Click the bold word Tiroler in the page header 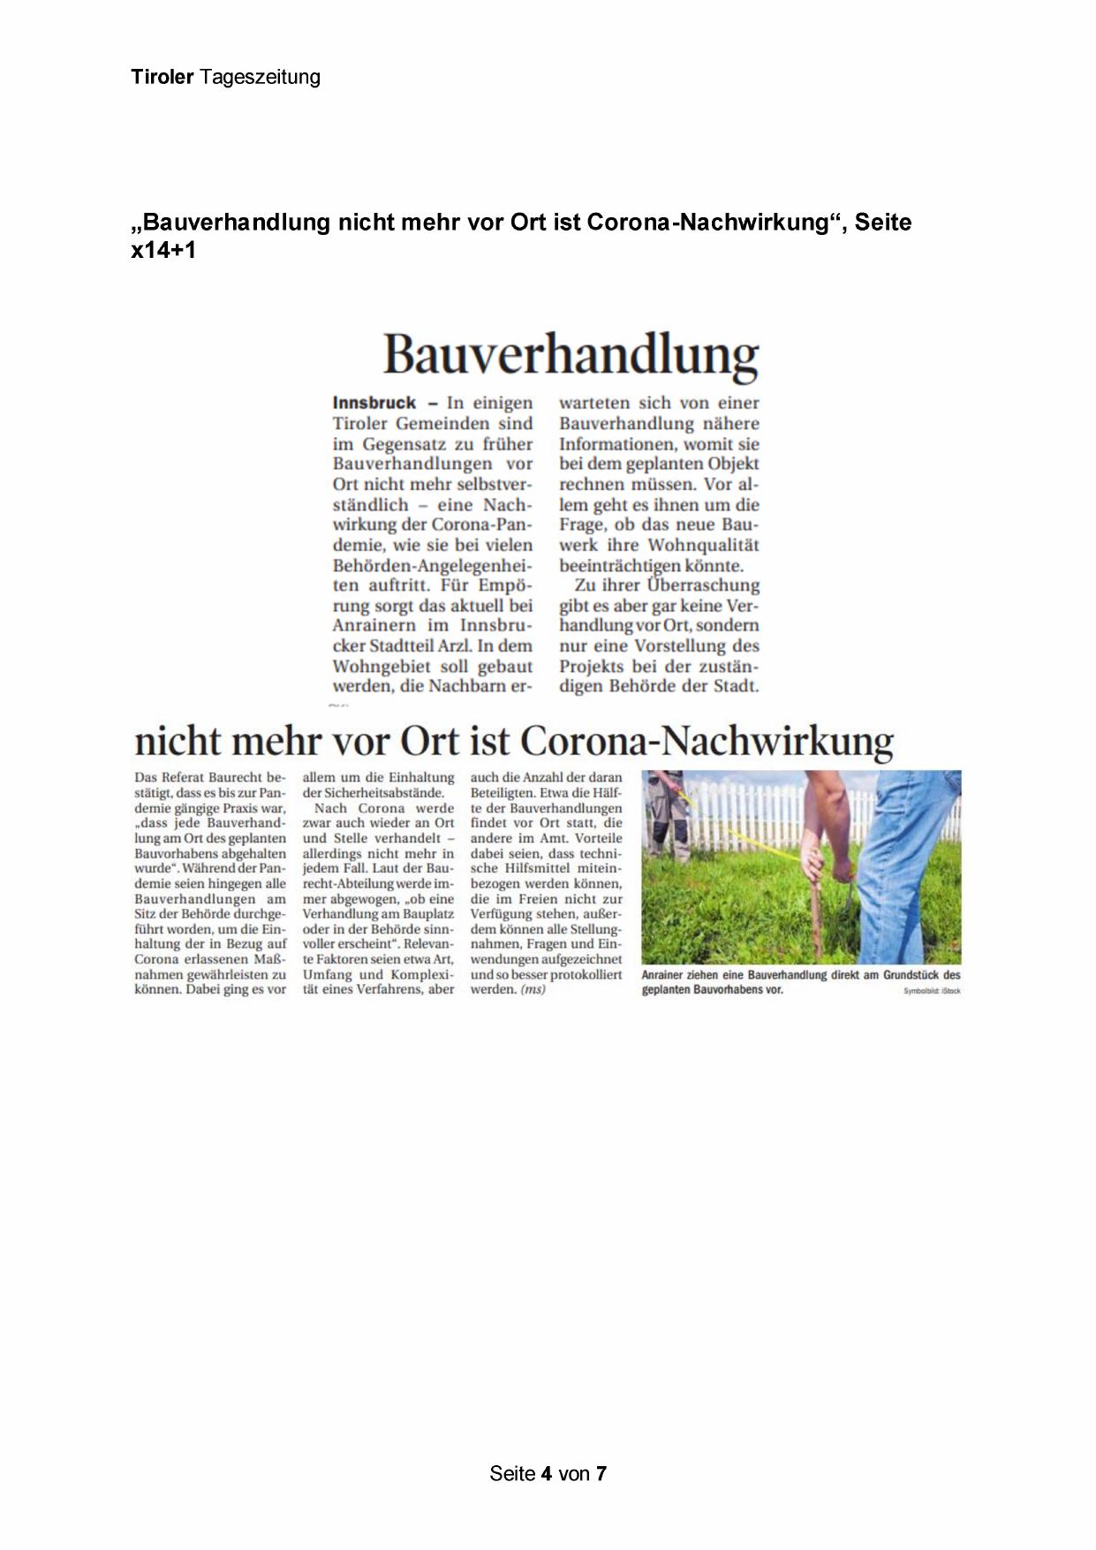[x=162, y=77]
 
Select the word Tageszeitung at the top [x=260, y=78]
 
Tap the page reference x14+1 [x=163, y=250]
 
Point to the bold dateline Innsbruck [x=374, y=403]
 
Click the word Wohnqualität [x=703, y=545]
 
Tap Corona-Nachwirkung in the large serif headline [x=707, y=741]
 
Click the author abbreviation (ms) [x=533, y=989]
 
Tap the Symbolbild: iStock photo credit [x=932, y=991]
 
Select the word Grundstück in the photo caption [x=911, y=975]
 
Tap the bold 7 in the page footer [x=601, y=1473]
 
